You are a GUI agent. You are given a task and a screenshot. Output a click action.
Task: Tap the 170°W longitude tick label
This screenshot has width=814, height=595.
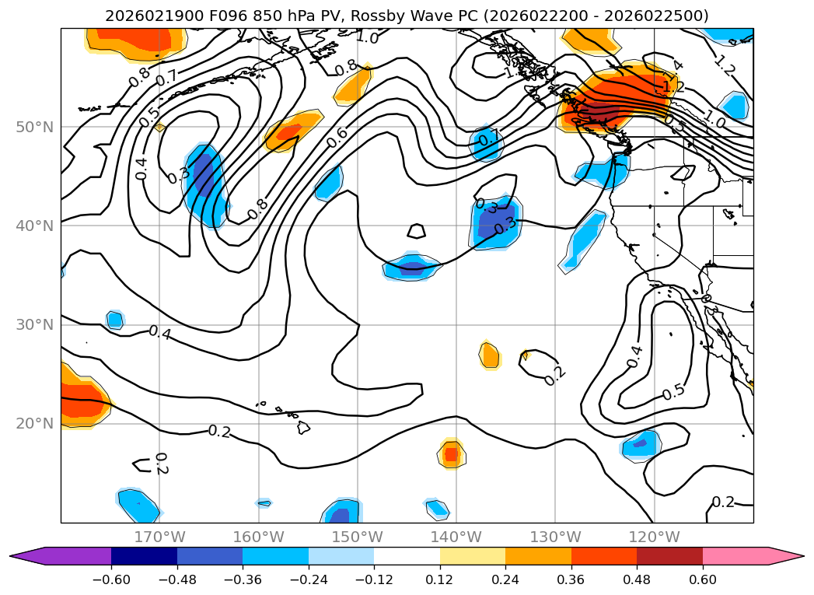tap(159, 537)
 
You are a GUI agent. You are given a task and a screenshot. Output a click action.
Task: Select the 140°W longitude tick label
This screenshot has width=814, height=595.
tap(456, 537)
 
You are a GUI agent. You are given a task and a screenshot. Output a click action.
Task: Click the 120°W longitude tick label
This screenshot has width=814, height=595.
tap(654, 537)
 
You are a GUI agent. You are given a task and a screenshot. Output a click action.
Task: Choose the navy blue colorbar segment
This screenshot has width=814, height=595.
tap(144, 555)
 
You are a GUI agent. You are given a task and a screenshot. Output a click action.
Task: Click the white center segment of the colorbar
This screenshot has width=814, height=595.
tap(407, 555)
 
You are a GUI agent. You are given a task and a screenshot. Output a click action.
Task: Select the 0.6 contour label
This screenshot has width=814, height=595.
tap(337, 137)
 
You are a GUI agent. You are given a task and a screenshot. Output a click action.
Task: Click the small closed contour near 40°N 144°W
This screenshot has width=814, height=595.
tap(417, 231)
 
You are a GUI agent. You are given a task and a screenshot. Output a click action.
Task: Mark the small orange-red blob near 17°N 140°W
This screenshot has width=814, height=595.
tap(452, 453)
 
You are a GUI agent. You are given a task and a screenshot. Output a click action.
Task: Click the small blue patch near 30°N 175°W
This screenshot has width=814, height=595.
tap(115, 320)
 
